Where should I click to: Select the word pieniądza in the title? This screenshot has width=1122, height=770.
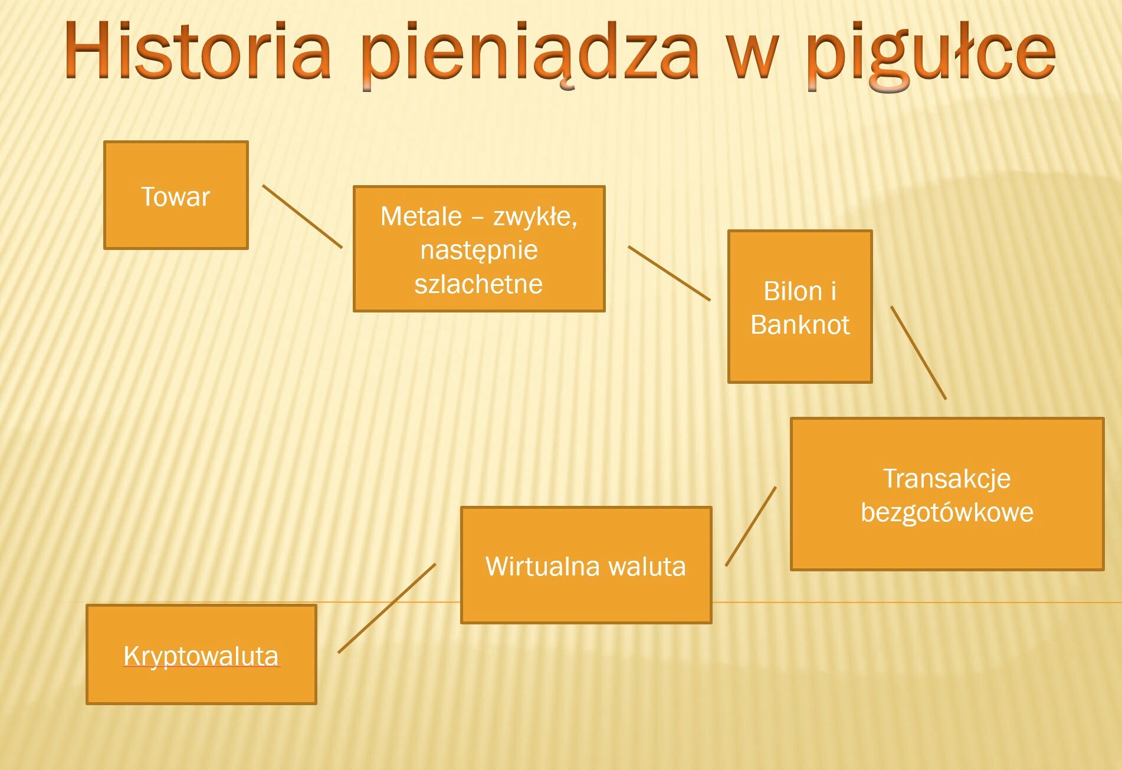click(529, 56)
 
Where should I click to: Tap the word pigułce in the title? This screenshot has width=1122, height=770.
click(931, 56)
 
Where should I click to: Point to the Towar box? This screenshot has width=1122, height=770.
click(176, 195)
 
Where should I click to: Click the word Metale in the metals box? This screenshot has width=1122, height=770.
click(421, 216)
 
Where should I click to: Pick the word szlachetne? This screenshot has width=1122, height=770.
click(478, 284)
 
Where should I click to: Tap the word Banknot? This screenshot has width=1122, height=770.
click(800, 324)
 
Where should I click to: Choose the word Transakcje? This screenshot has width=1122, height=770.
click(947, 479)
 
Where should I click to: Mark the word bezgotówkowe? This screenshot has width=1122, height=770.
click(947, 512)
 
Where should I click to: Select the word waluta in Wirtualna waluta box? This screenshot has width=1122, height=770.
click(647, 566)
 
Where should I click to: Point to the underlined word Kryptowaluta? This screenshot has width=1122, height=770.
click(201, 656)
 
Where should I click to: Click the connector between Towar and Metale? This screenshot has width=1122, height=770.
click(302, 216)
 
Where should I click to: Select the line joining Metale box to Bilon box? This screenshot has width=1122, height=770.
click(669, 273)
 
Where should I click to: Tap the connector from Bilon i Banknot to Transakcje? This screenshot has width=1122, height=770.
click(918, 353)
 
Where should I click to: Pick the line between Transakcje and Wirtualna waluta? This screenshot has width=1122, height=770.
click(751, 526)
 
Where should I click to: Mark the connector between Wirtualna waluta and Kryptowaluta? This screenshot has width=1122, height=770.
click(387, 608)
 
